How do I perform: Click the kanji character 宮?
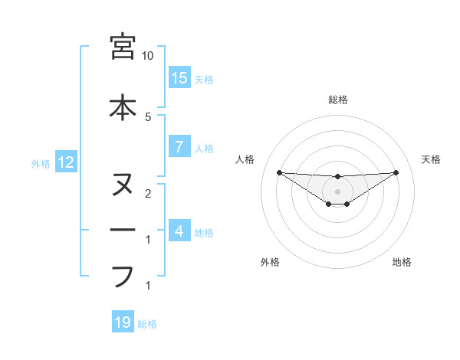(123, 47)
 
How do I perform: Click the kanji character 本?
(123, 106)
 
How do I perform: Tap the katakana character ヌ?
(123, 185)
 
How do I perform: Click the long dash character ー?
(123, 230)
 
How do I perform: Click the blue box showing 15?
(179, 78)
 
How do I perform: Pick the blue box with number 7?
(179, 147)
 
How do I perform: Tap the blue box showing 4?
(179, 231)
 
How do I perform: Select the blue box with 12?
(66, 162)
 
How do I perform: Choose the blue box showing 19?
(123, 323)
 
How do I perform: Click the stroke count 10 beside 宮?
(148, 56)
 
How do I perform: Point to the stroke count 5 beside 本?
(148, 117)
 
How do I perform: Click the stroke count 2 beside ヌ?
(148, 194)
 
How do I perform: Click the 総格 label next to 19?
(147, 324)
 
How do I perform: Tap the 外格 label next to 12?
(40, 163)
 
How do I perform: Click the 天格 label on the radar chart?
(431, 159)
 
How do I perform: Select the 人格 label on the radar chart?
(245, 159)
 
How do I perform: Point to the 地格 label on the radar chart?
(402, 262)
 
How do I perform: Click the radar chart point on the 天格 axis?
(396, 172)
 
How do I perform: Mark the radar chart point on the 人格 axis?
(279, 172)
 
